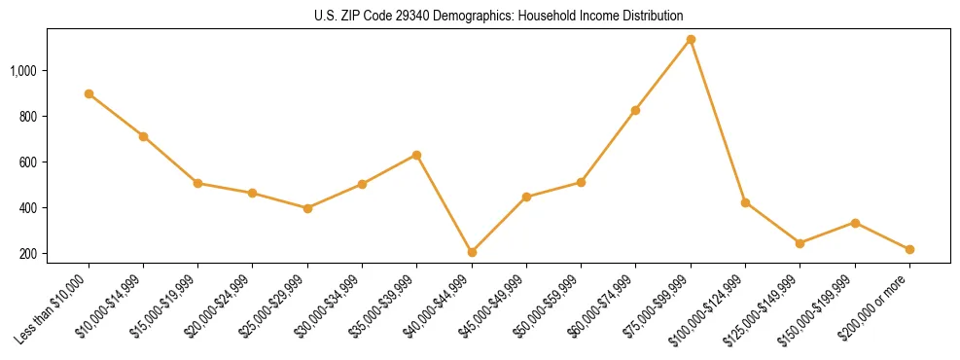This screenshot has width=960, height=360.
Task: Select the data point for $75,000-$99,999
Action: (691, 40)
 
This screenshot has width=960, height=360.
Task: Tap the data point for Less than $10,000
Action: (89, 93)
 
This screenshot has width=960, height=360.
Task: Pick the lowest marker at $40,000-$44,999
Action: (472, 252)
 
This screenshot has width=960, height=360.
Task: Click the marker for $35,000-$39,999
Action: (416, 155)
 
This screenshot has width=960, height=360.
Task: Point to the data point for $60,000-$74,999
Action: (635, 110)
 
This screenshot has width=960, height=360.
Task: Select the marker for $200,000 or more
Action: (909, 249)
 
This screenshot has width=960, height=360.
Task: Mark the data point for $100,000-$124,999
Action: (745, 202)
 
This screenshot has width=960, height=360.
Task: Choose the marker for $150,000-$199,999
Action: (855, 223)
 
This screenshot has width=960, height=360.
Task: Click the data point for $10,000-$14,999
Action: (143, 136)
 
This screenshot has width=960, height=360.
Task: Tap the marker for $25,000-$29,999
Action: (307, 208)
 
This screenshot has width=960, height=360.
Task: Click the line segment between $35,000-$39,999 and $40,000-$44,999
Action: (444, 203)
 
